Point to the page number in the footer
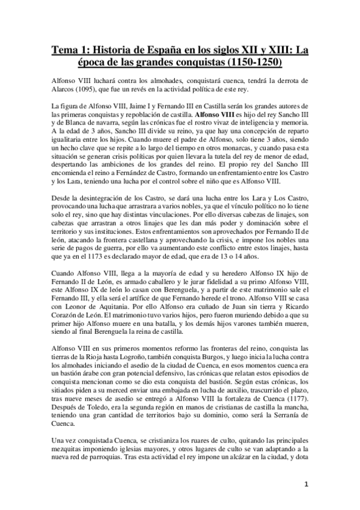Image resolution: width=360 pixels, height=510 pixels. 306,485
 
